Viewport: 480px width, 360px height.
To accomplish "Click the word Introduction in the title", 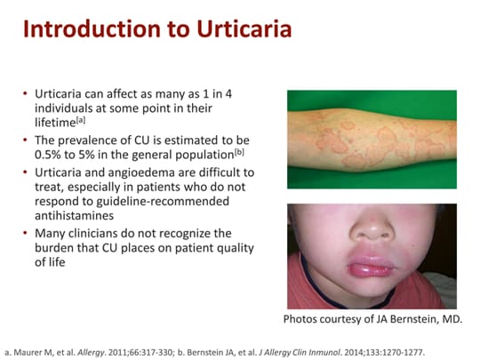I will [x=84, y=29].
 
